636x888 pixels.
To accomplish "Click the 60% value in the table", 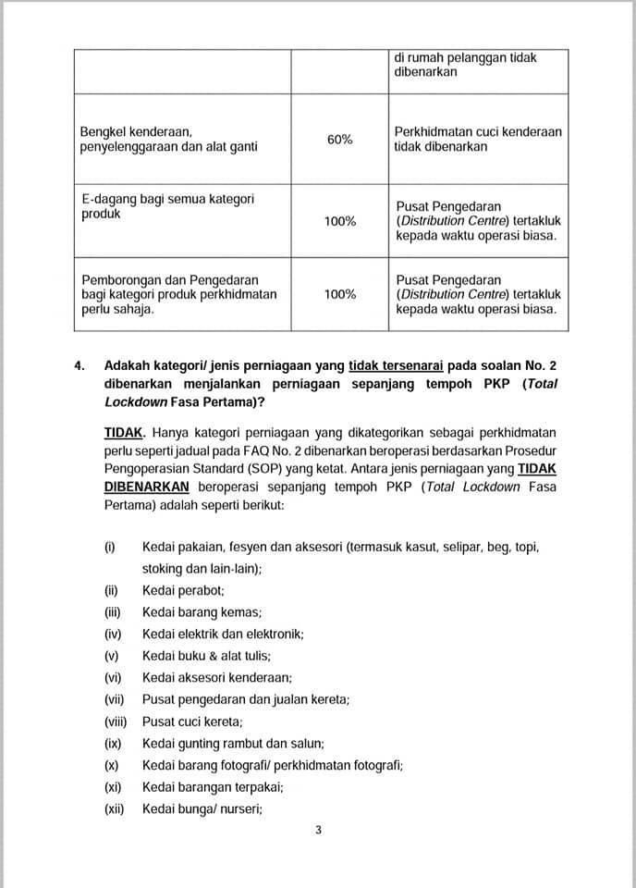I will [339, 139].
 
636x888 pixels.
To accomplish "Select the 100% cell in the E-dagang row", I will [339, 221].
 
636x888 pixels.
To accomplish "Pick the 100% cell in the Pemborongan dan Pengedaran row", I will [339, 294].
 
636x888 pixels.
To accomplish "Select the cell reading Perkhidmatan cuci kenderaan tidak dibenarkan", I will [477, 139].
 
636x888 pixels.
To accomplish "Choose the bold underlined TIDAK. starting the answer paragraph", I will [124, 432].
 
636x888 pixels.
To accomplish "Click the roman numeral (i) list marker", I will [110, 547].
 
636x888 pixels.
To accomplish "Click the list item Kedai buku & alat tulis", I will [206, 656].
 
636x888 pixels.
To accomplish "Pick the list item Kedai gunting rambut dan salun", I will [233, 743].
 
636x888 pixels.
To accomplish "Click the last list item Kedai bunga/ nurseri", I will [202, 809].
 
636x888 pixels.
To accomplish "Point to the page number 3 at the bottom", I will [318, 830].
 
